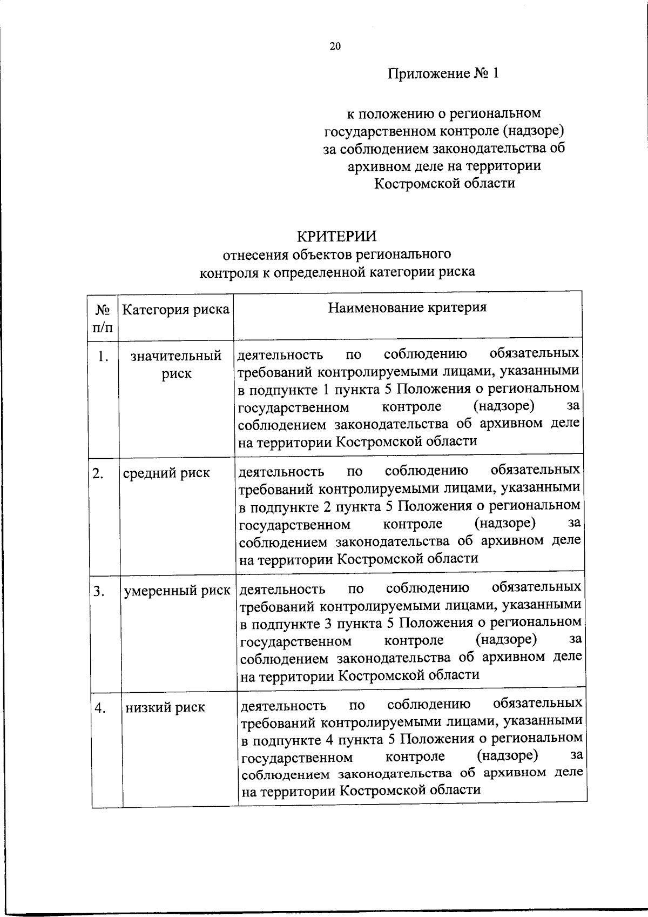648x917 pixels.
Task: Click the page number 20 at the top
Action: [335, 46]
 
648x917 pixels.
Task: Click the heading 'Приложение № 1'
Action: [443, 73]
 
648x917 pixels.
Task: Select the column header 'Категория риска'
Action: [176, 310]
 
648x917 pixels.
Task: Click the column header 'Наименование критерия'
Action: [408, 307]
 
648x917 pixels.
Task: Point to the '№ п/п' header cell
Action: [103, 318]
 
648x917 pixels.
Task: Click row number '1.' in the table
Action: [104, 357]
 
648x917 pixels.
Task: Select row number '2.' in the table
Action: [98, 473]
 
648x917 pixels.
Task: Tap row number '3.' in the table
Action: [98, 591]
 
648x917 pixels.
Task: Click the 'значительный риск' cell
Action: [176, 364]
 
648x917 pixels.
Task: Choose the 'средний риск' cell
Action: [166, 473]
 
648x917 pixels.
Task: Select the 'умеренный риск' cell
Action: [177, 591]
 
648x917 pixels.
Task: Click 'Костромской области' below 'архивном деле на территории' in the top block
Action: [444, 183]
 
